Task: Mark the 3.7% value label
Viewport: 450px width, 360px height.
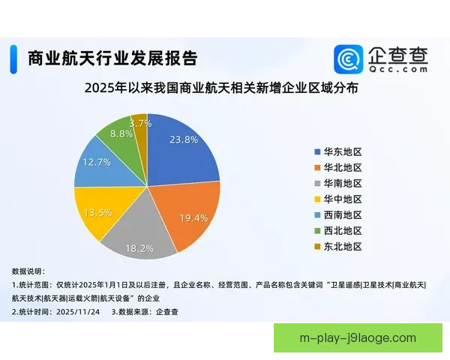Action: coord(140,123)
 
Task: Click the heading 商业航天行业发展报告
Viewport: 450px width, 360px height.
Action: coord(112,58)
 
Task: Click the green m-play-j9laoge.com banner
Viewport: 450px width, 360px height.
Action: coord(357,338)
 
